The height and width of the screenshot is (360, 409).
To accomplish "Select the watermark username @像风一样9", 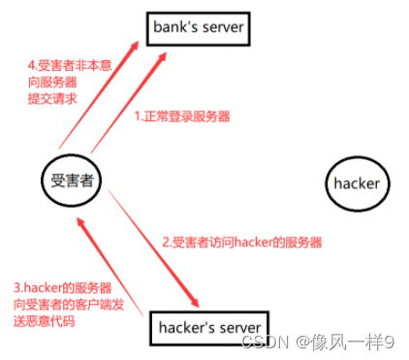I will (349, 342).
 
